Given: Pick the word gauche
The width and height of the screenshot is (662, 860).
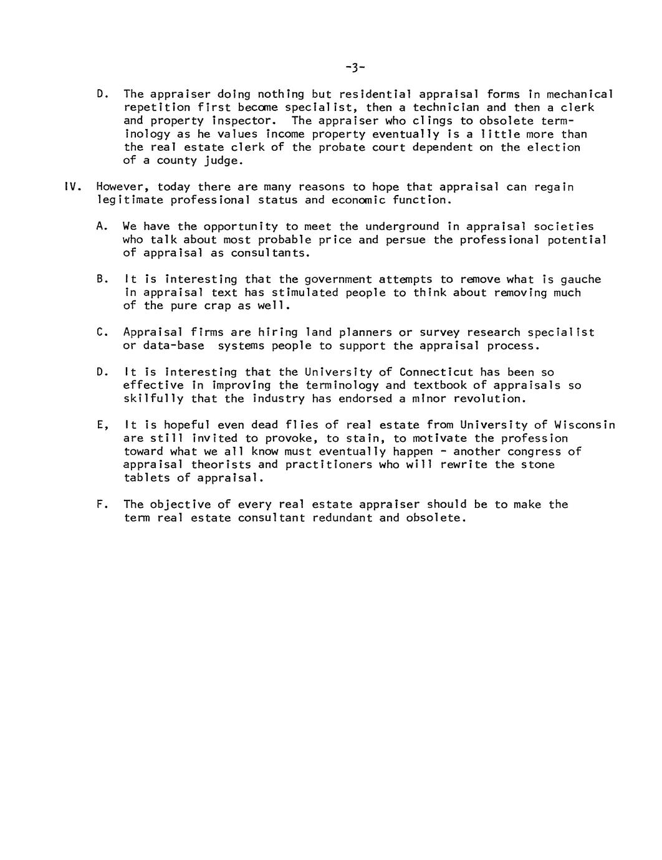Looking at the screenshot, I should [x=580, y=279].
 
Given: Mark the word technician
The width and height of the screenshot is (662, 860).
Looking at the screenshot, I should [x=446, y=108].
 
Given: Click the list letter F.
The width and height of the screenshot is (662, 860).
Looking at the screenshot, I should [x=100, y=504].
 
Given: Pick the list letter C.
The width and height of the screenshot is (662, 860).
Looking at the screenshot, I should [x=100, y=333].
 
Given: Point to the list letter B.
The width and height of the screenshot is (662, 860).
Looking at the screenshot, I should [x=100, y=279].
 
